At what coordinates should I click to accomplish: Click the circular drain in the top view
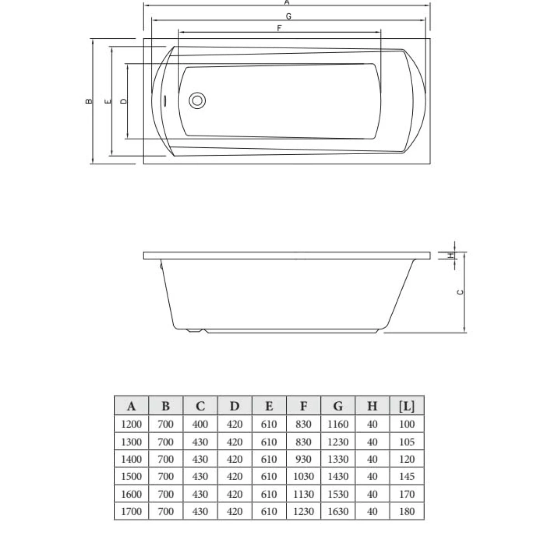pyautogui.click(x=197, y=101)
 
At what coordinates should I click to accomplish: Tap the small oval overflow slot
pyautogui.click(x=165, y=101)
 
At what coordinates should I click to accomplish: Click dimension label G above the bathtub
pyautogui.click(x=288, y=16)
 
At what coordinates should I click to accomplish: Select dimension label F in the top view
pyautogui.click(x=279, y=28)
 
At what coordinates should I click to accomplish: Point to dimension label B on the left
pyautogui.click(x=89, y=101)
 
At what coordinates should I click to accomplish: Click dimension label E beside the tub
pyautogui.click(x=108, y=101)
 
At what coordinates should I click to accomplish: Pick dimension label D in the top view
pyautogui.click(x=124, y=101)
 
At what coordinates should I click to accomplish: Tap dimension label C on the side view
pyautogui.click(x=460, y=292)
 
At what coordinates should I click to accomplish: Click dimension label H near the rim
pyautogui.click(x=450, y=255)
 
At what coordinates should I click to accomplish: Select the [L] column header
pyautogui.click(x=407, y=406)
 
